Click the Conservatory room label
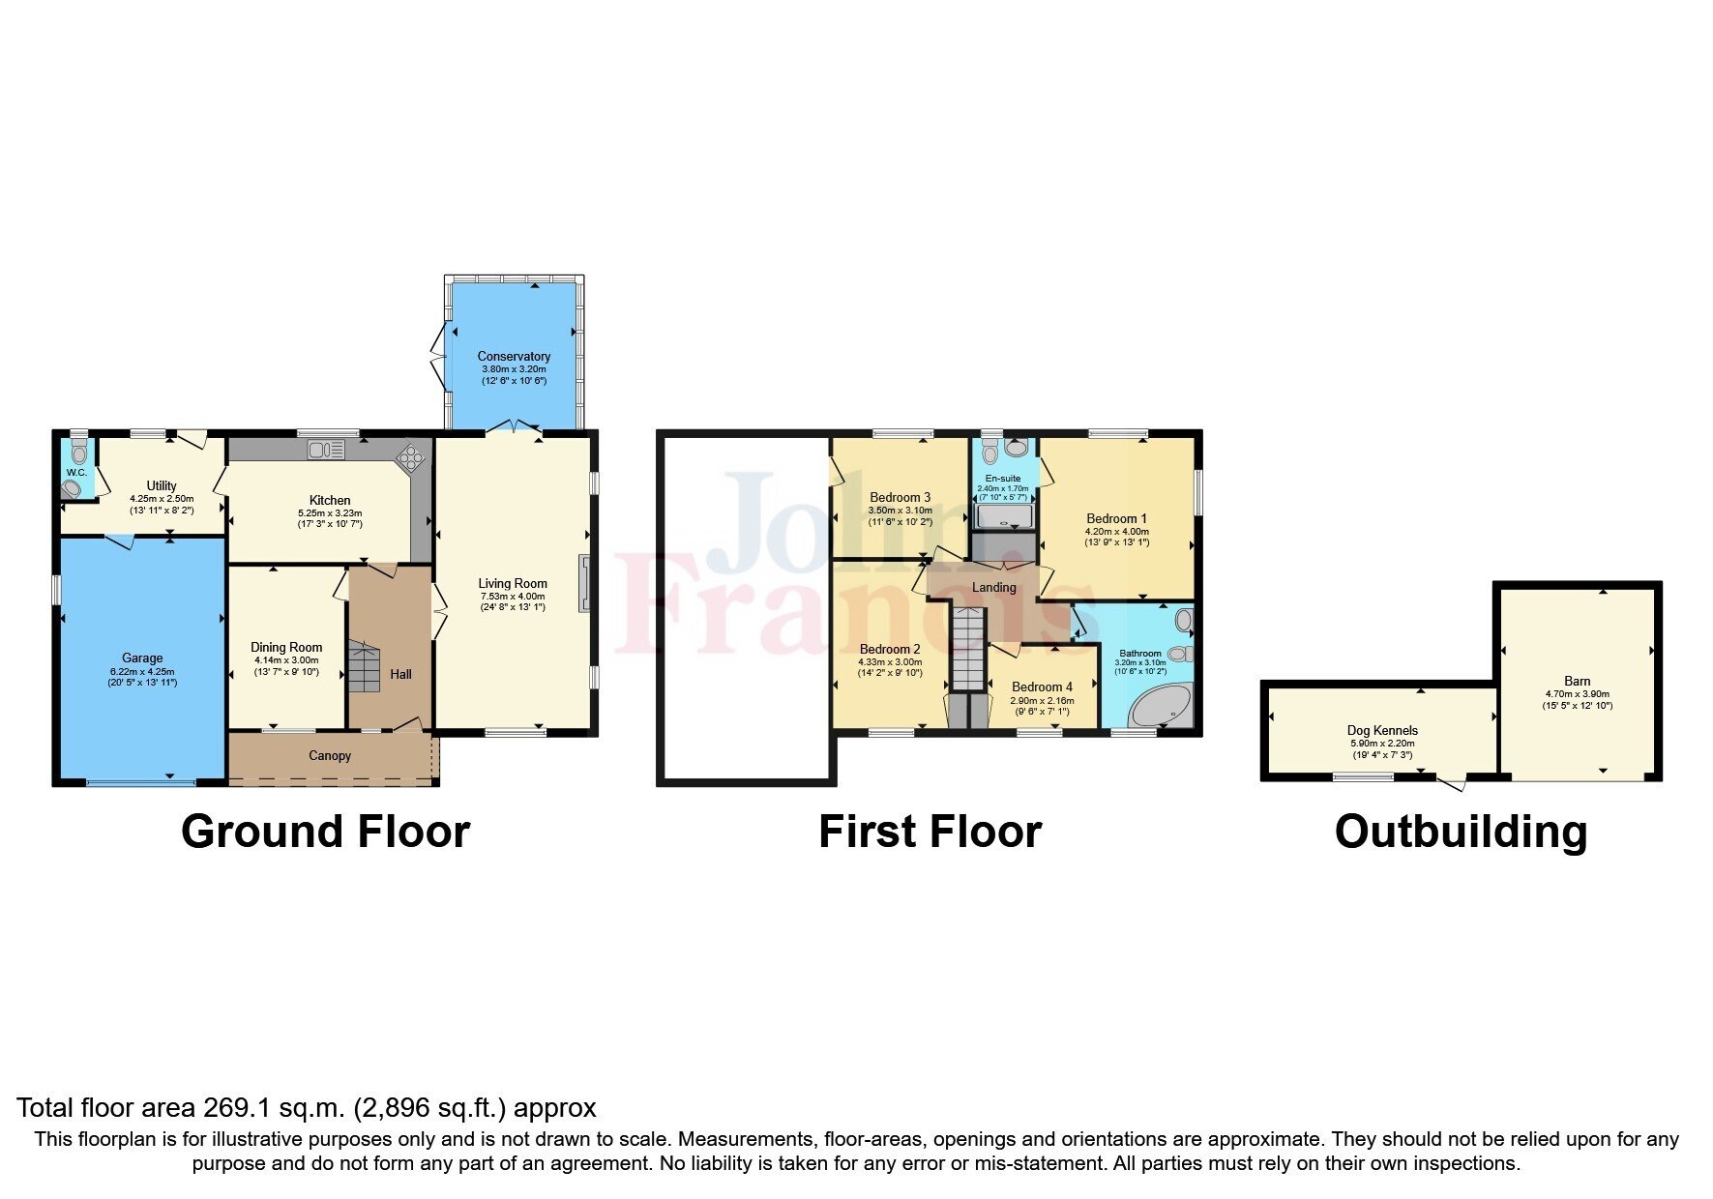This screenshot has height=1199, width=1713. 514,357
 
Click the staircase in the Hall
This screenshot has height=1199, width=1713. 365,668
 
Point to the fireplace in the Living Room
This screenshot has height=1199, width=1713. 584,582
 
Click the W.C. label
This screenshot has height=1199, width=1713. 76,473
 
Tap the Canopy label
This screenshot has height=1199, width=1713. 330,756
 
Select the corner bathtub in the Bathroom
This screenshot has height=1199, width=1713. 1162,707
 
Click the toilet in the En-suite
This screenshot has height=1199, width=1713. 989,453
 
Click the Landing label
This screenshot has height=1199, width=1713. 993,588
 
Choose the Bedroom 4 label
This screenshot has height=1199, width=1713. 1042,687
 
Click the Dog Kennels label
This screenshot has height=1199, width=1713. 1382,731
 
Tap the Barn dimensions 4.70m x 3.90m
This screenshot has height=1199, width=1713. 1577,694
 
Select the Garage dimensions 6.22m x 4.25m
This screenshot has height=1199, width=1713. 142,671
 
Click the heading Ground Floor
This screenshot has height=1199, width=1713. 325,832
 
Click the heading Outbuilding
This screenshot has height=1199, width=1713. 1461,832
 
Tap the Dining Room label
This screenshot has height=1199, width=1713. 286,648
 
